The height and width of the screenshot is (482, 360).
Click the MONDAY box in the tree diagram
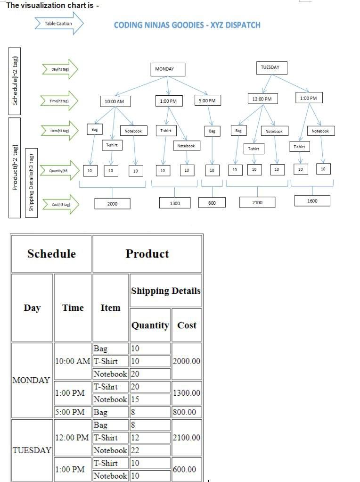[167, 69]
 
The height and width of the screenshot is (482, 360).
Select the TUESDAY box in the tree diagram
[270, 67]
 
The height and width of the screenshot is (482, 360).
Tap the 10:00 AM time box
[115, 101]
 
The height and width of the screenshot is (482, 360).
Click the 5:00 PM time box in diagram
[207, 100]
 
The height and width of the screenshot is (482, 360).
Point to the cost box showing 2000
[112, 204]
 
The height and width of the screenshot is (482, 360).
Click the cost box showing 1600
[312, 201]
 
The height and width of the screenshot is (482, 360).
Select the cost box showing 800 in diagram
[212, 203]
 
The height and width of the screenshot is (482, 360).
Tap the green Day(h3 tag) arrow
[60, 69]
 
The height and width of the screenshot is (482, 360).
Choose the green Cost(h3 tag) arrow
[60, 205]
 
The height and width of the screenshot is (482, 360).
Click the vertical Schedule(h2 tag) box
[16, 81]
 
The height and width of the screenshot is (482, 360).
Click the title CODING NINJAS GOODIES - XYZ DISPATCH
[187, 25]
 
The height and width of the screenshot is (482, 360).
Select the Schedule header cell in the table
[51, 254]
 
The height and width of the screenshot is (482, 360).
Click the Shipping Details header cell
[165, 291]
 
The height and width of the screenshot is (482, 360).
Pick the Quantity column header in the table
[150, 325]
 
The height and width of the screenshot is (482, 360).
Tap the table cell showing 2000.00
[187, 361]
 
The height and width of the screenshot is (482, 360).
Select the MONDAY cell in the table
[32, 380]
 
